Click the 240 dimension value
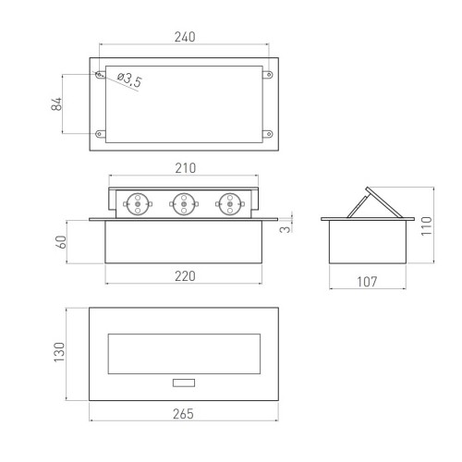[x=185, y=37]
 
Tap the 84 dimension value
[x=56, y=104]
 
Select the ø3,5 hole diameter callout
[x=129, y=80]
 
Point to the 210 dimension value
[x=186, y=168]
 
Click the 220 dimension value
[x=185, y=276]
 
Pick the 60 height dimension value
[x=61, y=242]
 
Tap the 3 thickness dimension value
[x=286, y=229]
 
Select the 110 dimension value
[x=427, y=226]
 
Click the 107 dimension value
[x=367, y=282]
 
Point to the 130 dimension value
[x=59, y=352]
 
